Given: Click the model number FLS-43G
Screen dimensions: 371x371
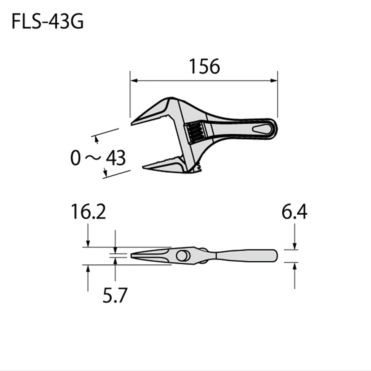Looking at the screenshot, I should [x=47, y=22].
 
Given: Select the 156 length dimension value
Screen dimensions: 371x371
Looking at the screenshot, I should [x=204, y=66].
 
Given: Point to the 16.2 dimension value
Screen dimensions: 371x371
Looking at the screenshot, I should [x=88, y=212].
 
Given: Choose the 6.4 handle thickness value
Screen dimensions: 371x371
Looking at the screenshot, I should [x=294, y=212].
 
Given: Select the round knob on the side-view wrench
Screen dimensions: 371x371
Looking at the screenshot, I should [x=182, y=256].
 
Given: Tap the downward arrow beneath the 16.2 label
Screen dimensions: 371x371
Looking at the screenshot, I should [x=88, y=243].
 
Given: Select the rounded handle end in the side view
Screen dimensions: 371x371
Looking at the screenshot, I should [x=275, y=256].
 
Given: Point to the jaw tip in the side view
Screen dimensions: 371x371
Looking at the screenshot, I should [x=132, y=256].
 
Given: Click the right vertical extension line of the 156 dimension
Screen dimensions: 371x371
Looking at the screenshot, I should [x=278, y=98].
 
